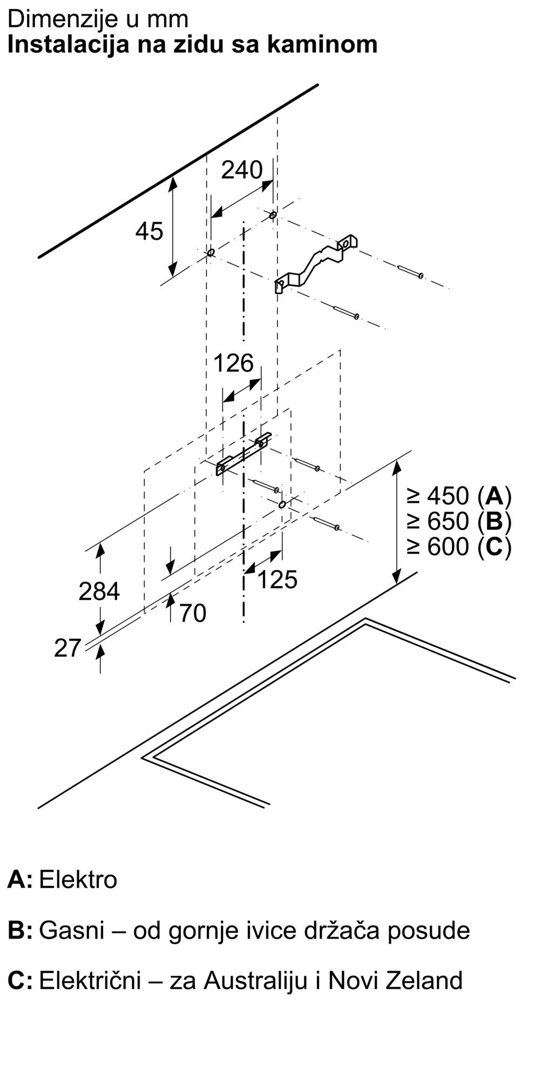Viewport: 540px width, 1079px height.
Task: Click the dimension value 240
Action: [x=242, y=170]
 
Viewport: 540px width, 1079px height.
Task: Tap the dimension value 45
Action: [x=149, y=231]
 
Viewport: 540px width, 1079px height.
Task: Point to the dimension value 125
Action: [x=277, y=579]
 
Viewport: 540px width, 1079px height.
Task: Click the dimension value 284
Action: [x=99, y=591]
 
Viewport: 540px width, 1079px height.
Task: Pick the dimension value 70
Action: [x=192, y=613]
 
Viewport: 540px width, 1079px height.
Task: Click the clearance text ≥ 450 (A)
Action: [x=459, y=495]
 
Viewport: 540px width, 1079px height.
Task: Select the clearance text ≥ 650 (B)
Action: [x=459, y=521]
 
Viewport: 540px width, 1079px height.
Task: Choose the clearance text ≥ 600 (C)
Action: [x=459, y=547]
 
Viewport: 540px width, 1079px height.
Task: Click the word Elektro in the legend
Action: [x=78, y=880]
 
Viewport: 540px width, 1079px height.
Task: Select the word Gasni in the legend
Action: [x=72, y=931]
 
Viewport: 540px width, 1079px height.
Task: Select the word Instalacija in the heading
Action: [x=69, y=44]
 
